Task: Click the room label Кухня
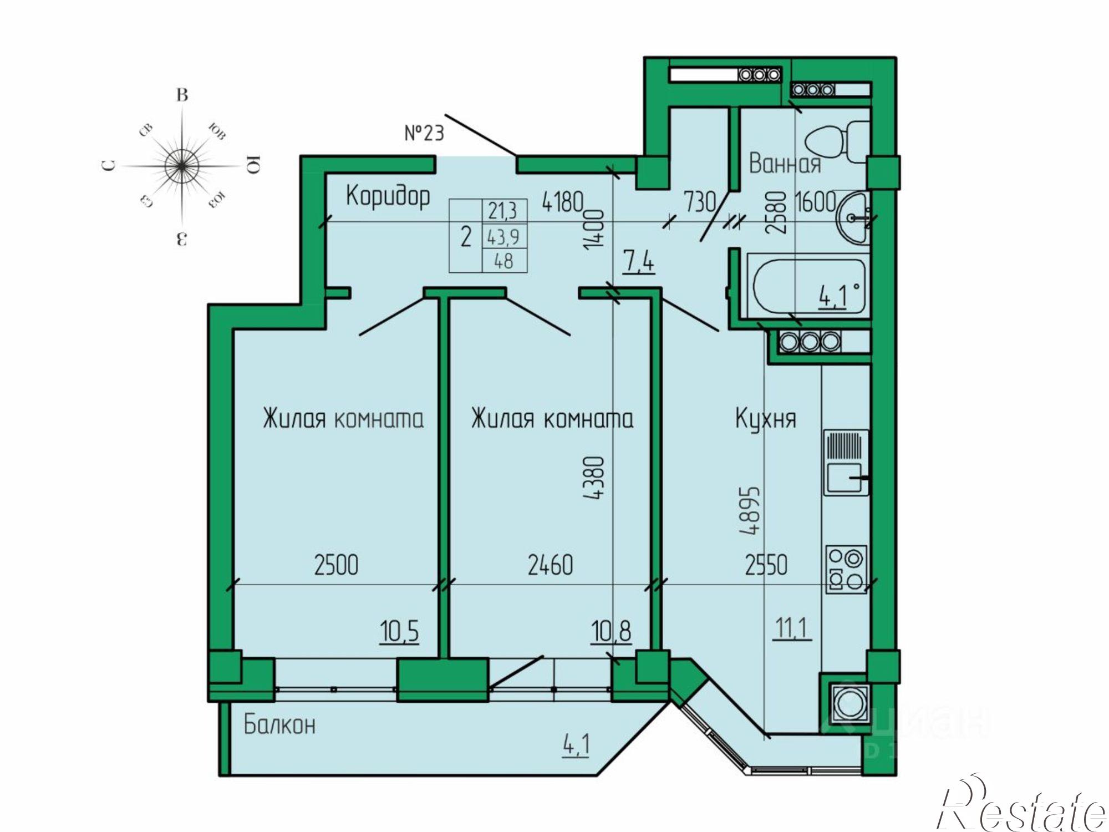coord(765,419)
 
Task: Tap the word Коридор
coord(388,196)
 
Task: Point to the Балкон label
coord(279,724)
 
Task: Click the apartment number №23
coord(424,133)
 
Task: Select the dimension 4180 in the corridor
coord(563,202)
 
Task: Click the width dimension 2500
coord(336,565)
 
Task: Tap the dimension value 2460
coord(550,565)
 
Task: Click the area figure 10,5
coord(399,631)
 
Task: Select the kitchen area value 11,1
coord(792,628)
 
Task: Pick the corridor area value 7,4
coord(638,261)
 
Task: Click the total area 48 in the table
coord(503,261)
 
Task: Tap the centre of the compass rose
coord(182,165)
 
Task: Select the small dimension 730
coord(700,202)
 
